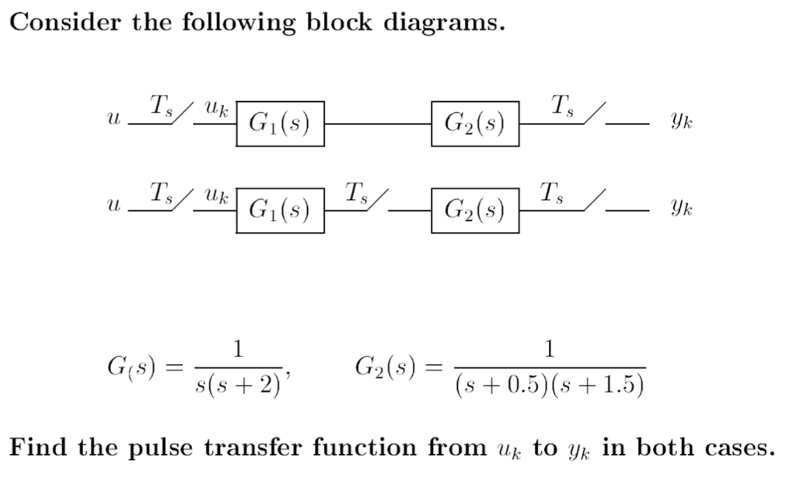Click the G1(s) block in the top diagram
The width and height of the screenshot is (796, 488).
click(281, 123)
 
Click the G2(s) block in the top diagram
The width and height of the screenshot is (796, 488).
click(475, 123)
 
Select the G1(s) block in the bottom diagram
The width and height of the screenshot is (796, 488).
click(281, 209)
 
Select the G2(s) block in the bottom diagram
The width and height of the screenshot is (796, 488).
click(475, 209)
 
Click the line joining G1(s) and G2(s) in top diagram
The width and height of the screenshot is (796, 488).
click(378, 124)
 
